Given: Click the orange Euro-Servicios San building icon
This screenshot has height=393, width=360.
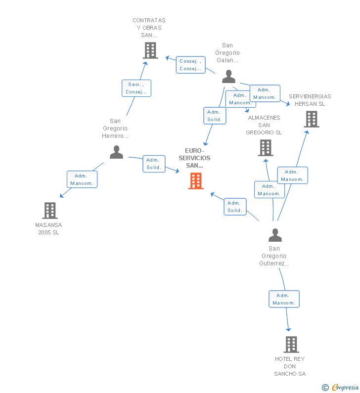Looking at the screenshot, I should point(196,181).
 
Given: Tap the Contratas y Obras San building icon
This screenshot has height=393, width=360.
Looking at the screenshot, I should point(150,50).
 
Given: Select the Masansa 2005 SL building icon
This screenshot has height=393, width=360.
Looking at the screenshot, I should point(49,211).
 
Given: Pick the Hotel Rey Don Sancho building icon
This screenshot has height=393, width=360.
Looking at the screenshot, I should point(291,344).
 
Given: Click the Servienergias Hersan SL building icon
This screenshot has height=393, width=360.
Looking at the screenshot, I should point(311,119).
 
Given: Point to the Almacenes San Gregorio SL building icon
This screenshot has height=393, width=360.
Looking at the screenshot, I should point(266,148).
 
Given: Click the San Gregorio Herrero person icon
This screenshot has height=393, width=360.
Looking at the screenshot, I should point(116,152).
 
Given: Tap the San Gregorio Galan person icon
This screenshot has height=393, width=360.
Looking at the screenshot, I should point(228,77).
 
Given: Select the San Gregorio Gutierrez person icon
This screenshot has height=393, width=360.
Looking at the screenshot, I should point(275,235).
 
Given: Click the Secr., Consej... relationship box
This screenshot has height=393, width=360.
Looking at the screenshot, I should point(136,88).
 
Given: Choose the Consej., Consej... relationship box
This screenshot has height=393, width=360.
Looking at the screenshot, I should point(190,65).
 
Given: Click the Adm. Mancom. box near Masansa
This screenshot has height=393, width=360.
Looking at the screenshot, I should point(82,179).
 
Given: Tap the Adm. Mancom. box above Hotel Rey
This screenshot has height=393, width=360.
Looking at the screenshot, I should point(284,299).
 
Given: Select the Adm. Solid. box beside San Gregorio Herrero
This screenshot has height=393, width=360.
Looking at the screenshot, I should point(153,164).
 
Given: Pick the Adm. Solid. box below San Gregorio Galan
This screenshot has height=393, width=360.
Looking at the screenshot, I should point(215,116).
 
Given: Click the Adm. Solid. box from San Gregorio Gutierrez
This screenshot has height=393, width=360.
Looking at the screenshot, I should point(234,206).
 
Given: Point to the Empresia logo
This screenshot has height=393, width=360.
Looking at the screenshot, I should point(345,388).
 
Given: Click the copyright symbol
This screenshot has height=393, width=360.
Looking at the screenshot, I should point(325,388).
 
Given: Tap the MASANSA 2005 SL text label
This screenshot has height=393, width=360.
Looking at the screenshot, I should point(48,229).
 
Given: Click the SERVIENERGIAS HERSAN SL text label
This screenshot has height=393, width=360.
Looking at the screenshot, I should point(310,100).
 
